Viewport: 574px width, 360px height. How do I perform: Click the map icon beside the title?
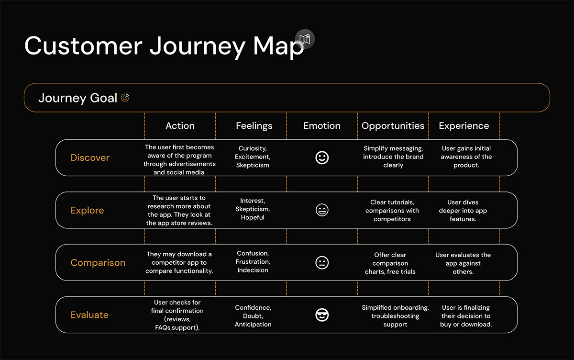tap(305, 39)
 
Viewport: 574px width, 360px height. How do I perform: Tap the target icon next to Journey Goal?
tap(125, 98)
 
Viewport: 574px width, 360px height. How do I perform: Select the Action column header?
tap(180, 125)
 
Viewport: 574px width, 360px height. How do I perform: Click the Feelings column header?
tap(254, 126)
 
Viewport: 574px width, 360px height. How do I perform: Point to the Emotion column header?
tap(322, 125)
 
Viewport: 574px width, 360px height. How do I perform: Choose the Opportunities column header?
tap(393, 126)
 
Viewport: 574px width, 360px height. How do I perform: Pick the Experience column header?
tap(464, 126)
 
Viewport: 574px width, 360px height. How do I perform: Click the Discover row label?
tap(90, 157)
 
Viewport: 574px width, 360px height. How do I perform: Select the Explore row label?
tap(87, 210)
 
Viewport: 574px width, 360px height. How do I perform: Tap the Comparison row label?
tap(98, 262)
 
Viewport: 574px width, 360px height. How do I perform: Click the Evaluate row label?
tap(89, 315)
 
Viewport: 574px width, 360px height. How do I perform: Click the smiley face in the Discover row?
tap(322, 157)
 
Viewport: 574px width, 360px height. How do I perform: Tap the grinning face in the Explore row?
tap(322, 210)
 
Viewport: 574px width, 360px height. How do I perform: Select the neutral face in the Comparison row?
tap(322, 262)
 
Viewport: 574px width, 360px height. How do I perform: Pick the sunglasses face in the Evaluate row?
tap(322, 315)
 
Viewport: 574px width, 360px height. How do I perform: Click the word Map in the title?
tap(278, 46)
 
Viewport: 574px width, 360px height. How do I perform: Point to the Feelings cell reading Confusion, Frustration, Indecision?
tap(253, 261)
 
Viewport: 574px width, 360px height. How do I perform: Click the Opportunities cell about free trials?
tap(390, 263)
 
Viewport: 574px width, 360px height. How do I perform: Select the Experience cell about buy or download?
tap(466, 316)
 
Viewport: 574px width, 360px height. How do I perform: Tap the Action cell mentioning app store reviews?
tap(179, 210)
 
